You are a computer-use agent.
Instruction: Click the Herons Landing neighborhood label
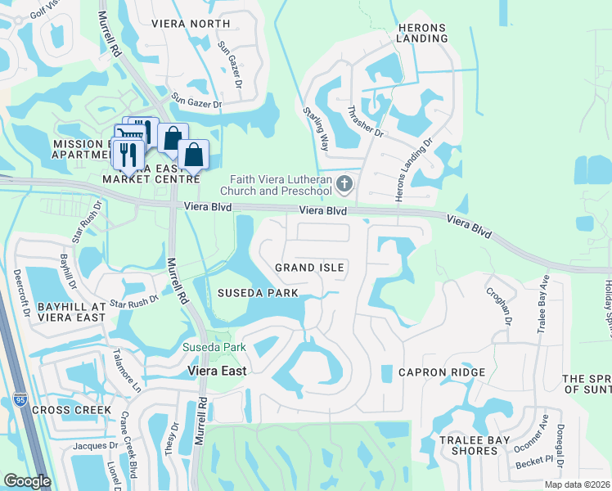point(421,33)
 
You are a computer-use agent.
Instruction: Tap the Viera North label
point(191,23)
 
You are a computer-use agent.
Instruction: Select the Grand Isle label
point(309,268)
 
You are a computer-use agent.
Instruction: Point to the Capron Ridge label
point(442,372)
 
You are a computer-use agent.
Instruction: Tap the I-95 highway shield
point(20,400)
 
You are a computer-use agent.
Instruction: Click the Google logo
point(26,481)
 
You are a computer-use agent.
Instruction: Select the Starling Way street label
point(315,128)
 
